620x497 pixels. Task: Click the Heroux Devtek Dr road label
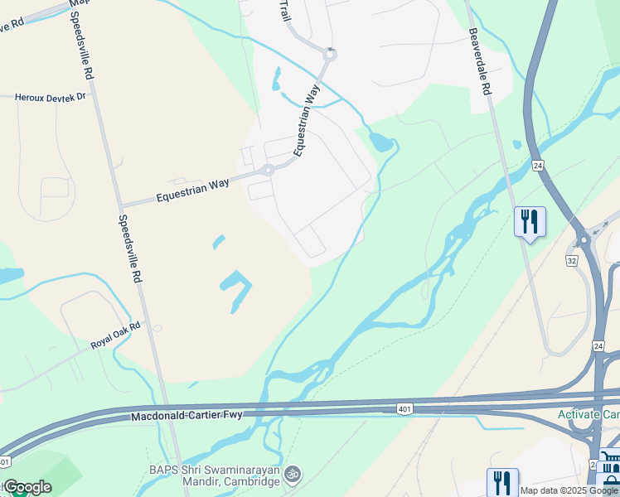click(x=50, y=98)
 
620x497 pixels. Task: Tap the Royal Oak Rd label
click(x=116, y=336)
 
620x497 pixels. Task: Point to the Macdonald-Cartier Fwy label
click(x=186, y=415)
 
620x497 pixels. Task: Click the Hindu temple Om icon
click(x=291, y=475)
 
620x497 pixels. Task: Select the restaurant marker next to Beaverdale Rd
click(x=530, y=222)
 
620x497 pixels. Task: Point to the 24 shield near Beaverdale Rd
click(x=537, y=165)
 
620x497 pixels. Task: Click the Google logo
click(x=27, y=487)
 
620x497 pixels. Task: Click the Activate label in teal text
click(x=588, y=414)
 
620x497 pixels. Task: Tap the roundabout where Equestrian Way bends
click(x=268, y=171)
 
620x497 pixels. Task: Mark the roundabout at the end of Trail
click(x=330, y=55)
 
